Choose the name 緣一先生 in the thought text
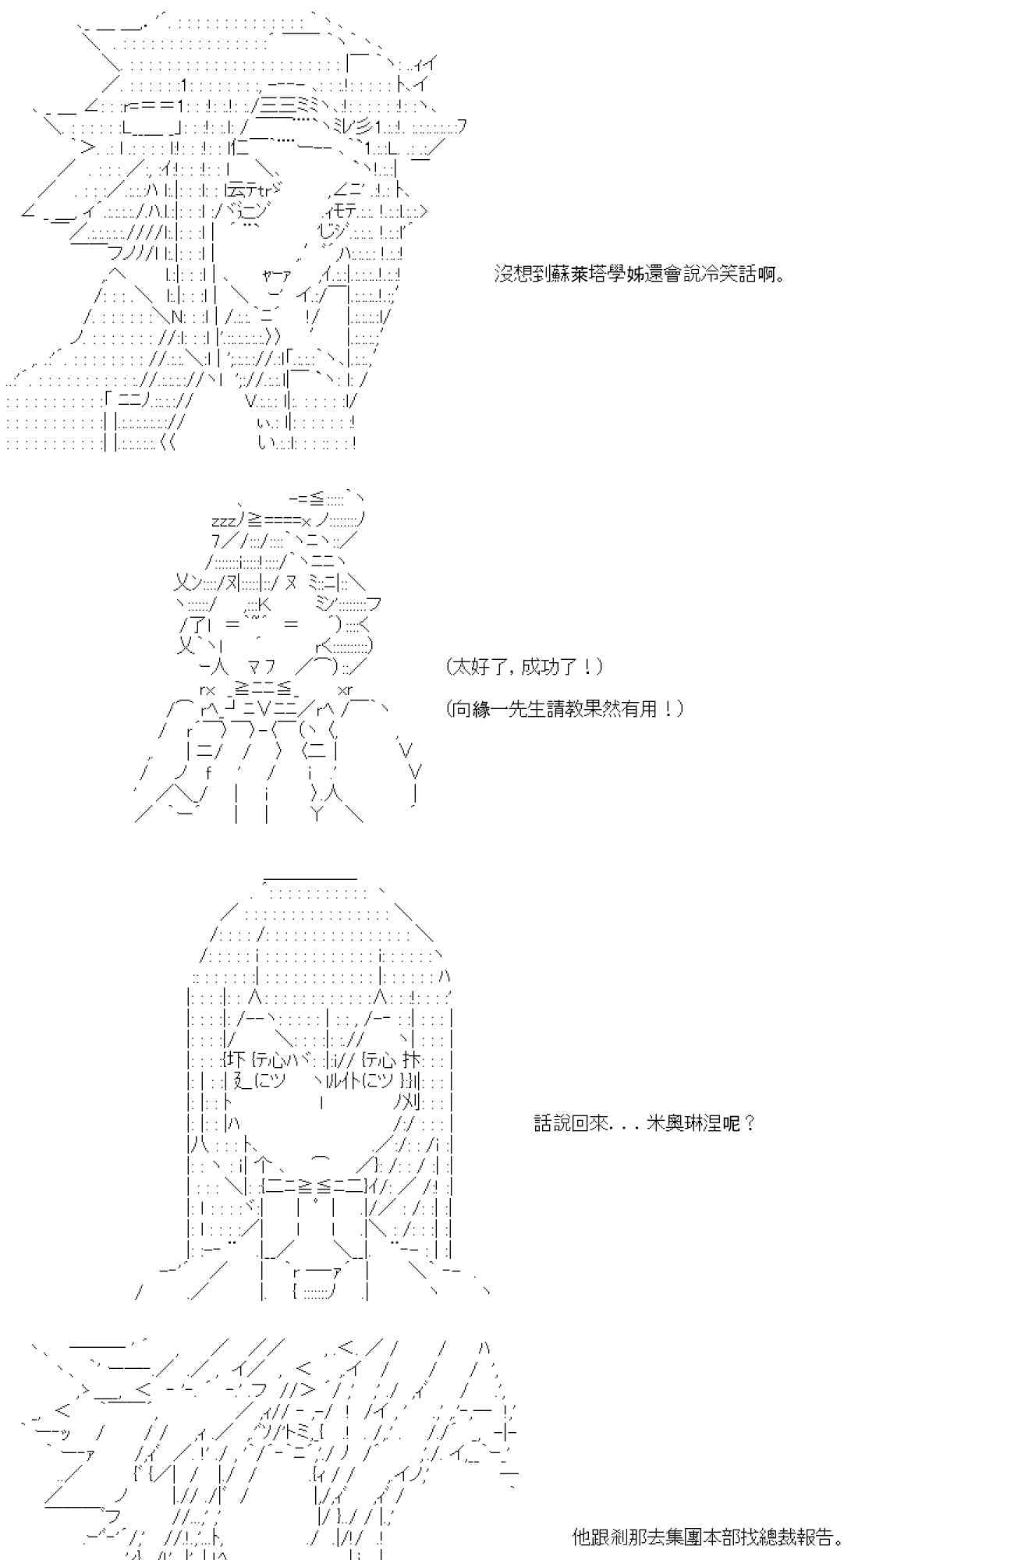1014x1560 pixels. [521, 709]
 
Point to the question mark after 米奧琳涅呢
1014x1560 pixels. [750, 1123]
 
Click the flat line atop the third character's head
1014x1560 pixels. [310, 878]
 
